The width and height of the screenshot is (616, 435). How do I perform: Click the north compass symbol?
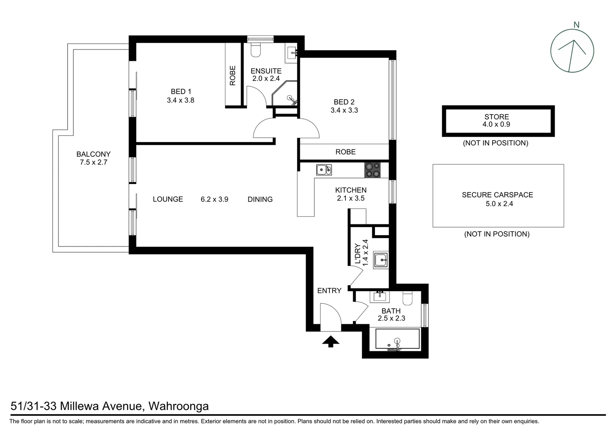click(572, 51)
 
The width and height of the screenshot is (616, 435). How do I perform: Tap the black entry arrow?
click(331, 342)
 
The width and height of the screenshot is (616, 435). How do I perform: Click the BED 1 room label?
click(181, 92)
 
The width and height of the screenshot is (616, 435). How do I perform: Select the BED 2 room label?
click(344, 102)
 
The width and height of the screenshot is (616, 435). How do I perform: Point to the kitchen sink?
click(323, 170)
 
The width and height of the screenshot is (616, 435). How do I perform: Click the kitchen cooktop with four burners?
click(372, 170)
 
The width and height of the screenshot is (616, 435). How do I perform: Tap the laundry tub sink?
click(381, 260)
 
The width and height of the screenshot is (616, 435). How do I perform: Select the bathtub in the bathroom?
click(397, 339)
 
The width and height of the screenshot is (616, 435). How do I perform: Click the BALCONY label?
click(94, 154)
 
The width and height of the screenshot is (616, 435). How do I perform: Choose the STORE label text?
click(497, 117)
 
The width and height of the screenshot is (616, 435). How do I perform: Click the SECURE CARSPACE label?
click(497, 195)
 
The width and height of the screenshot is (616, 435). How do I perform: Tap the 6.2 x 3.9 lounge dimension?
click(214, 199)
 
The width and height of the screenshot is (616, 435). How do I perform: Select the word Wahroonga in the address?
click(179, 406)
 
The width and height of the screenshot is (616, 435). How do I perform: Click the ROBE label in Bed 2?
click(345, 152)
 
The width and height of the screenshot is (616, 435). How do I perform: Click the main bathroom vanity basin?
click(379, 296)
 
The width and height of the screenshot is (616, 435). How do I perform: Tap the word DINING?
click(260, 199)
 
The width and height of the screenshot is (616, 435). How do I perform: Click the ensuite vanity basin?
click(292, 52)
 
